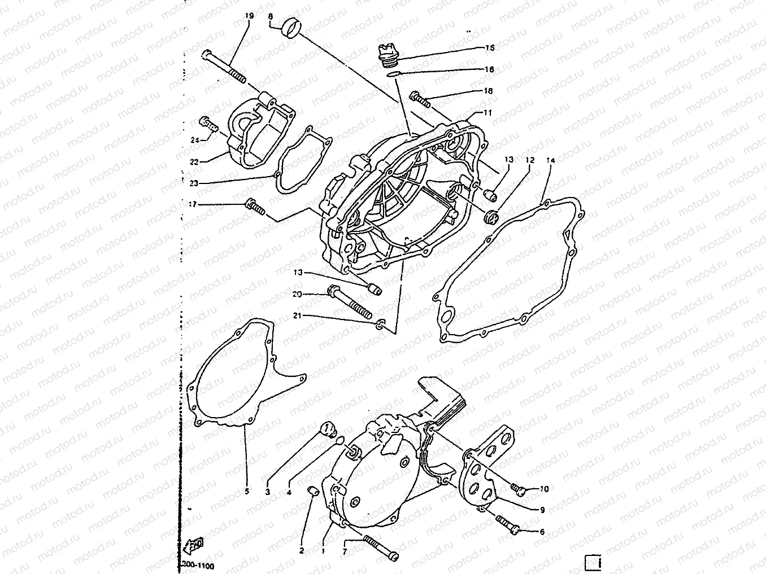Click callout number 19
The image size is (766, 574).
249,17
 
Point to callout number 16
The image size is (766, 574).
489,69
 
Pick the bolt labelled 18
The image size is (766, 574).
419,99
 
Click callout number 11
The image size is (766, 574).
488,113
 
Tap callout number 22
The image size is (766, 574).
194,161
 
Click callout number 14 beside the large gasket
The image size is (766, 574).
551,161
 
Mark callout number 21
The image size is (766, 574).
297,316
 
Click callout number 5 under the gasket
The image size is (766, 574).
246,491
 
